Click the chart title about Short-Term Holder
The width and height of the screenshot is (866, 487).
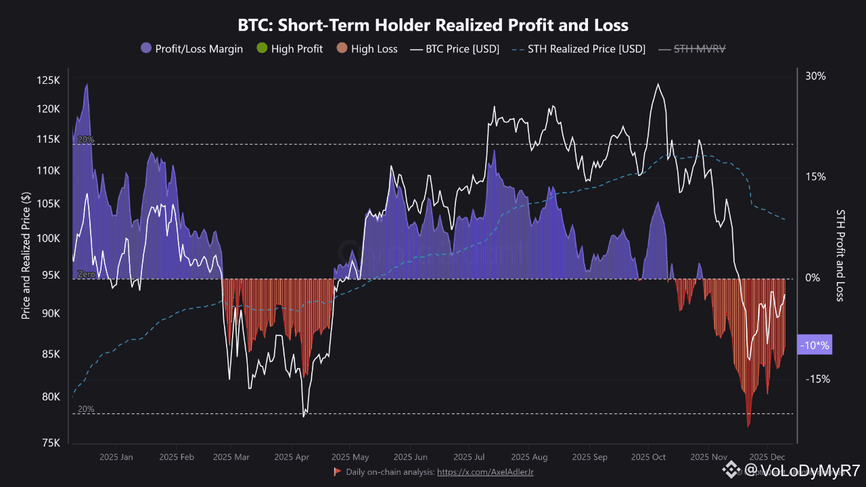pyautogui.click(x=433, y=26)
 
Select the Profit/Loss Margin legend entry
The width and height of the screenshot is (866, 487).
pyautogui.click(x=191, y=49)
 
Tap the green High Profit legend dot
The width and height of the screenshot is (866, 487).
pyautogui.click(x=263, y=49)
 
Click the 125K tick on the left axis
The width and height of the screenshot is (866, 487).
pyautogui.click(x=49, y=80)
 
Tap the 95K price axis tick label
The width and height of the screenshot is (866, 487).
pyautogui.click(x=51, y=275)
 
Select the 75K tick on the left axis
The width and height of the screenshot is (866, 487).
pyautogui.click(x=51, y=443)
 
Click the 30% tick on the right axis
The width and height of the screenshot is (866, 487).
pyautogui.click(x=815, y=76)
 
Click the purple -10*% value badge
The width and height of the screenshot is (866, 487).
pyautogui.click(x=815, y=346)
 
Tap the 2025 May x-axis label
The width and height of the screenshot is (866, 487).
pyautogui.click(x=350, y=457)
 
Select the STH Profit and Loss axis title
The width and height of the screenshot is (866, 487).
pyautogui.click(x=840, y=254)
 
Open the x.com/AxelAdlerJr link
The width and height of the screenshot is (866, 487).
pyautogui.click(x=485, y=471)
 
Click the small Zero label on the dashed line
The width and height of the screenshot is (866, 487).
pyautogui.click(x=86, y=275)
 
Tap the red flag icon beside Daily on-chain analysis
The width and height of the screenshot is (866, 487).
pyautogui.click(x=337, y=471)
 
